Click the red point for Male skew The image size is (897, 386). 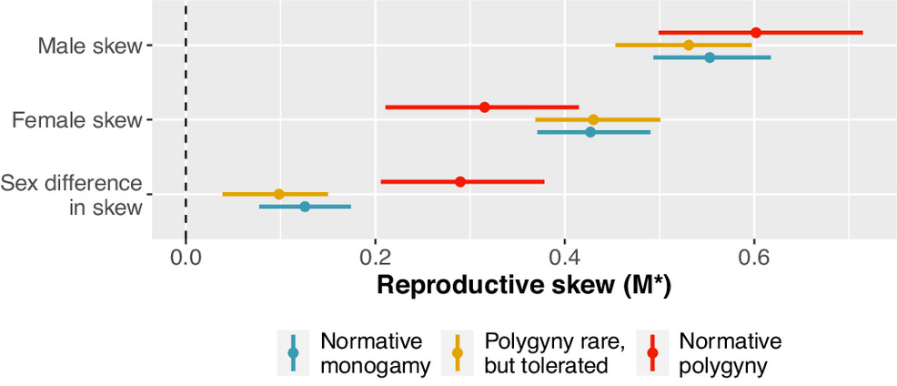[x=756, y=33]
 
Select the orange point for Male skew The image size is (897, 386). [x=689, y=45]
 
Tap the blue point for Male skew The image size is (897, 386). [x=710, y=57]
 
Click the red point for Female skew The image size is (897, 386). [x=485, y=107]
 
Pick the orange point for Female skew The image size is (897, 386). [x=593, y=119]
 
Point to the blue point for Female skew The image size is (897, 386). [x=590, y=132]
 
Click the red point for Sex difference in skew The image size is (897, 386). [x=460, y=181]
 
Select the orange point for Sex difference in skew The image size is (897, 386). [x=279, y=194]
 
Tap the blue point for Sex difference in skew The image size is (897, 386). [x=305, y=207]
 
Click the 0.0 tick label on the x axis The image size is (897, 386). [x=186, y=259]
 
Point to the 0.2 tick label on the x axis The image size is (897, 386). [x=375, y=259]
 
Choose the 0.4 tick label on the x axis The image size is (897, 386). [x=564, y=259]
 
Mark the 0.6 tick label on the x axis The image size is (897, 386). [x=753, y=259]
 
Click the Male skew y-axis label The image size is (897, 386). [x=89, y=46]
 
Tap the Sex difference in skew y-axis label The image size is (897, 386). [x=72, y=195]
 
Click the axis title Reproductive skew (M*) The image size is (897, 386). [x=523, y=285]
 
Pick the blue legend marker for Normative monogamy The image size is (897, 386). [x=293, y=352]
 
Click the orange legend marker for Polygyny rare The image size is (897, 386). [x=457, y=352]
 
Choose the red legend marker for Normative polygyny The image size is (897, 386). [x=652, y=352]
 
